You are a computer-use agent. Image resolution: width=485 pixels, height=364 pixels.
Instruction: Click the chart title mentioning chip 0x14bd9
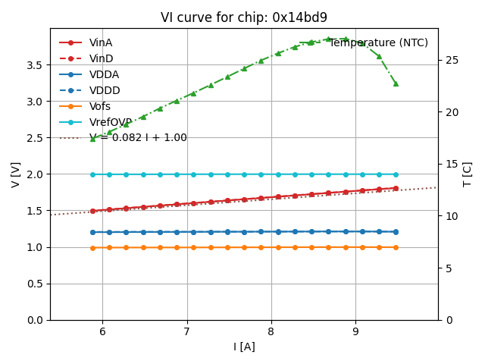pyautogui.click(x=244, y=17)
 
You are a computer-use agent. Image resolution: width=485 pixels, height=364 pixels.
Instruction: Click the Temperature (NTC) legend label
pyautogui.click(x=378, y=42)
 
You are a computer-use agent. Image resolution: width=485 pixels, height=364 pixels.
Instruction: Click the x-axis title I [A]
pyautogui.click(x=244, y=347)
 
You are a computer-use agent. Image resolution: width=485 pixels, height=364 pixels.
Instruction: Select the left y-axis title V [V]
pyautogui.click(x=16, y=174)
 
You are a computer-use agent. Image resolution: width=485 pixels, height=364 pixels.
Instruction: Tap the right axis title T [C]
pyautogui.click(x=468, y=174)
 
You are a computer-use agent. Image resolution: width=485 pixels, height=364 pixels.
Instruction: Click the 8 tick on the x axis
pyautogui.click(x=271, y=331)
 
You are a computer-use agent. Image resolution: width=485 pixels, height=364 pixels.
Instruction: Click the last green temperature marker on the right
pyautogui.click(x=396, y=83)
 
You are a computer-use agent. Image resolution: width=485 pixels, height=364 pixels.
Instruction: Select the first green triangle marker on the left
pyautogui.click(x=92, y=139)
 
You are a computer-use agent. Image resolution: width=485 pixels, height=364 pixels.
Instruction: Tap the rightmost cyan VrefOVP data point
pyautogui.click(x=396, y=174)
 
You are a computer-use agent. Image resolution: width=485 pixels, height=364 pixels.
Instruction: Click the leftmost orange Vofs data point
pyautogui.click(x=92, y=248)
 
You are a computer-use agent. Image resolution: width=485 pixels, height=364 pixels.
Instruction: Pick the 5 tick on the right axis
pyautogui.click(x=446, y=268)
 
